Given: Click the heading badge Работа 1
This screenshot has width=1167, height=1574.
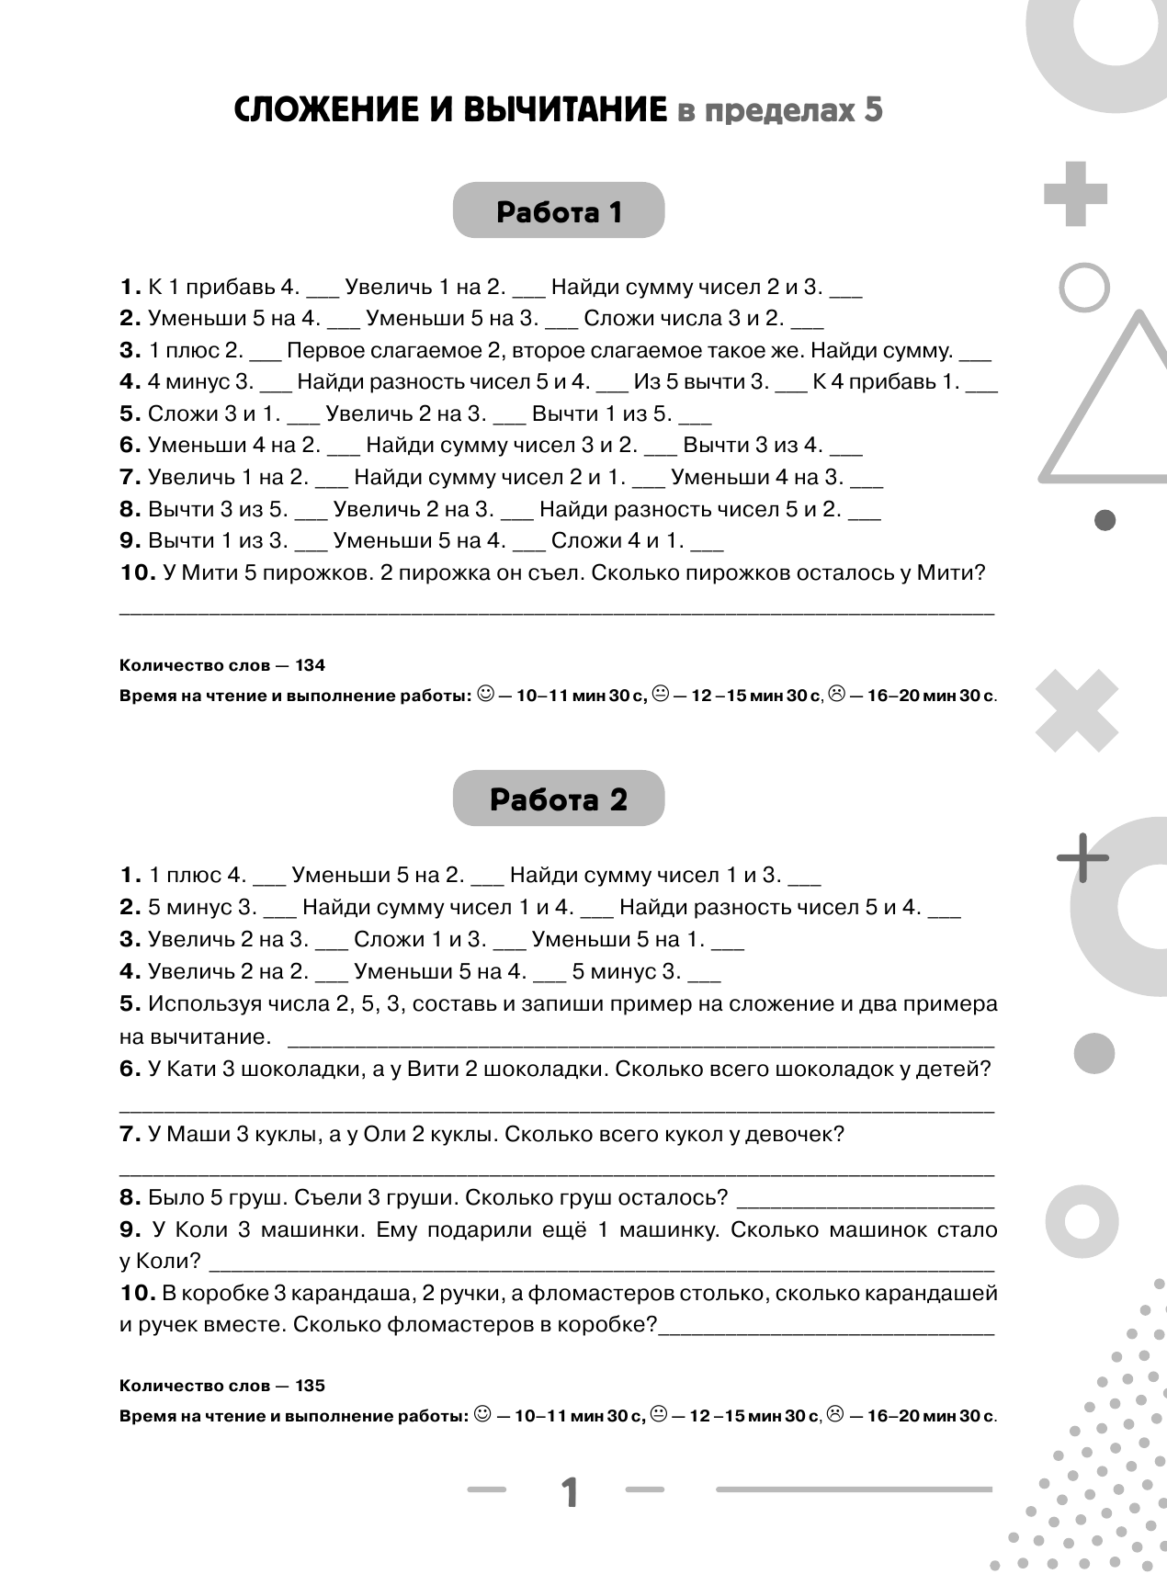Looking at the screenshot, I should (559, 211).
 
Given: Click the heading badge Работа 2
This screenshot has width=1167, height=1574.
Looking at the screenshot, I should (558, 798).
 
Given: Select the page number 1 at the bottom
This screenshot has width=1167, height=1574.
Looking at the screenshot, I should (570, 1492).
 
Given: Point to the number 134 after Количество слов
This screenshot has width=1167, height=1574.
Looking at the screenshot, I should (311, 665).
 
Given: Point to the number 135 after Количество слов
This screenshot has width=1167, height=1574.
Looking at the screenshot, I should (311, 1386).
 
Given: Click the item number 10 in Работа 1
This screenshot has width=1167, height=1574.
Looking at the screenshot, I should (137, 572).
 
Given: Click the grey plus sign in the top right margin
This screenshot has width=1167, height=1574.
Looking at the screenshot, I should (1075, 193).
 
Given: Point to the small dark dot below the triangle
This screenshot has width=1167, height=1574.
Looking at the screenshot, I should (1105, 520).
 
